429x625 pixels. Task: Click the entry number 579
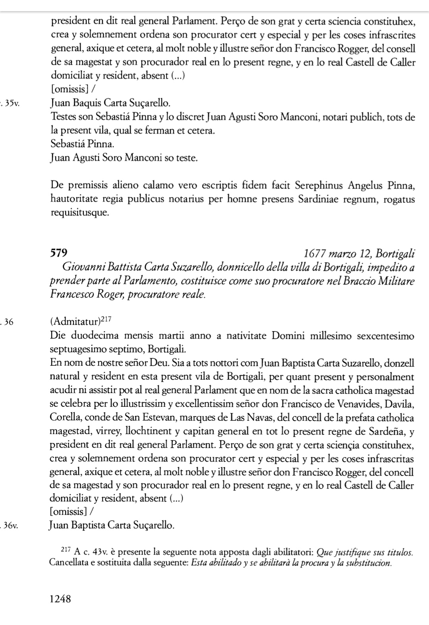tap(59, 253)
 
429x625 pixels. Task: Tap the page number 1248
tap(60, 599)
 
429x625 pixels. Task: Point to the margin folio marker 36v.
tap(11, 526)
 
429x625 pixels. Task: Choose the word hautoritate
tap(74, 199)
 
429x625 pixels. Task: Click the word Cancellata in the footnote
tap(69, 563)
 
